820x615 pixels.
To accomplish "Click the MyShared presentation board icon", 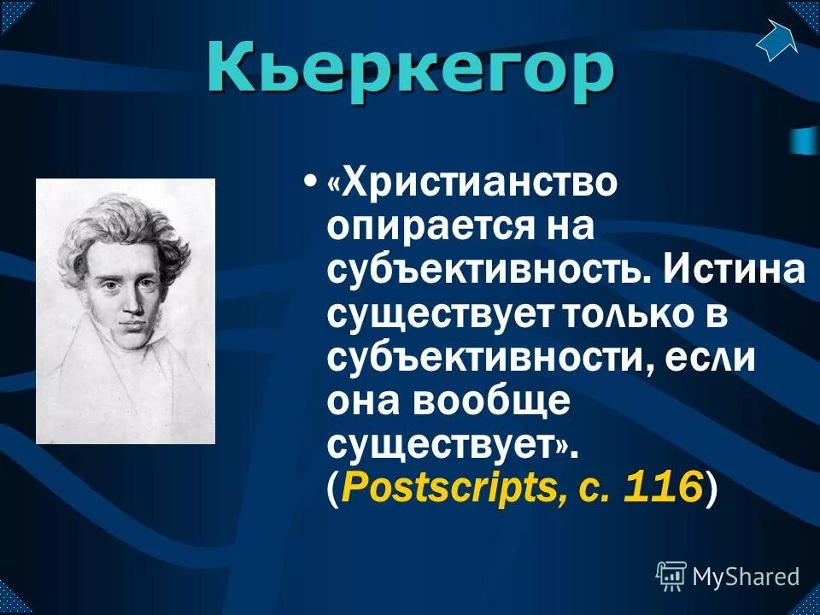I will point(671,577).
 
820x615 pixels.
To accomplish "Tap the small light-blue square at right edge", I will point(803,141).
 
